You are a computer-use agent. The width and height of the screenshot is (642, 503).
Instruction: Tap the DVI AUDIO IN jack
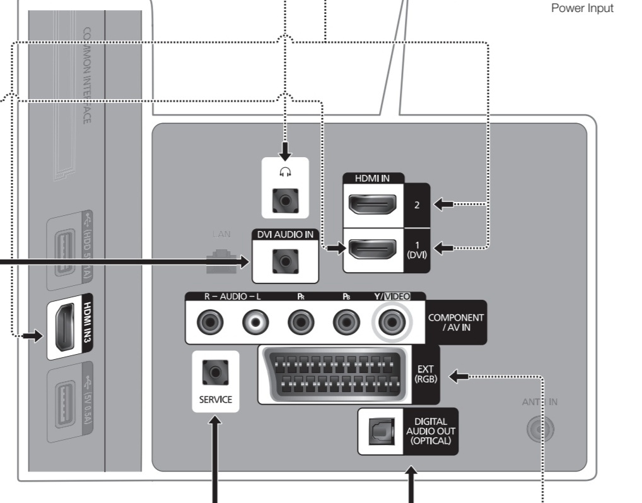pyautogui.click(x=284, y=261)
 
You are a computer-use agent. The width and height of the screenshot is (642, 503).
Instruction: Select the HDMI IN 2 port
pyautogui.click(x=373, y=204)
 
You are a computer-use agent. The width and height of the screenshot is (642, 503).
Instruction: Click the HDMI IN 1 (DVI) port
pyautogui.click(x=373, y=249)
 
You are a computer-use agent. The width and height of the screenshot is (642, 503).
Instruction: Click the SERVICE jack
pyautogui.click(x=215, y=372)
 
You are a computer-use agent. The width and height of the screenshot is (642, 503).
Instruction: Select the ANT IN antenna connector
pyautogui.click(x=540, y=429)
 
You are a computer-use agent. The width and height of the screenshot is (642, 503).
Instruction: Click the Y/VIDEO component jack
pyautogui.click(x=391, y=323)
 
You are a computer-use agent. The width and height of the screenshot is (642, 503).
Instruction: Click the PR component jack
pyautogui.click(x=301, y=323)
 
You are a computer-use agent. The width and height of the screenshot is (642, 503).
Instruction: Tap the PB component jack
pyautogui.click(x=346, y=323)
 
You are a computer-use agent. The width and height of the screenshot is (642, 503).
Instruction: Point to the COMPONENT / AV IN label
pyautogui.click(x=455, y=322)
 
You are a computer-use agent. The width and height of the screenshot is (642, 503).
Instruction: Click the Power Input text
pyautogui.click(x=581, y=9)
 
